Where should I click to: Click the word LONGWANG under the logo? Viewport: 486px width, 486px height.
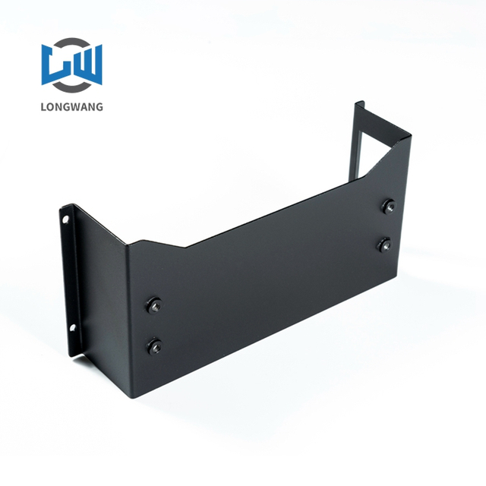tap(72, 106)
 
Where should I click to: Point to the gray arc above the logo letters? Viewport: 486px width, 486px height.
tap(73, 43)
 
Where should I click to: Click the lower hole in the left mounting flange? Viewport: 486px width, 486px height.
tap(74, 328)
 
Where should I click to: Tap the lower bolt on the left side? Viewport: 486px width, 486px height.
tap(154, 346)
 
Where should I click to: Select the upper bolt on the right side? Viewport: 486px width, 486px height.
tap(387, 206)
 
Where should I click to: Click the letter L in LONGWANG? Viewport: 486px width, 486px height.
tap(44, 106)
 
